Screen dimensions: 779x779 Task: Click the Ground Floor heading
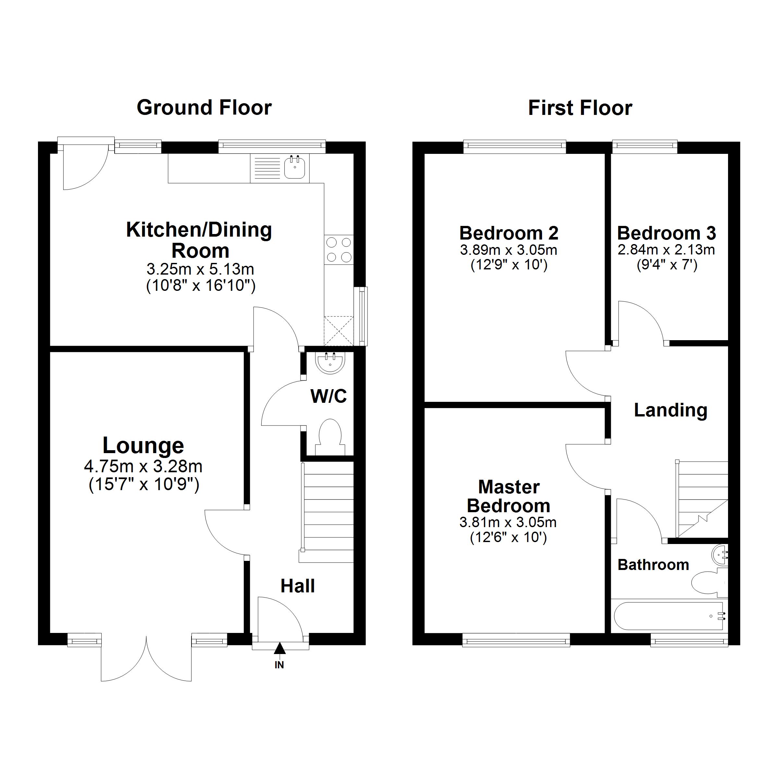[204, 108]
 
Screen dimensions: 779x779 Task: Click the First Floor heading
[580, 108]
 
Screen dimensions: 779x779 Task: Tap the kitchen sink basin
[295, 168]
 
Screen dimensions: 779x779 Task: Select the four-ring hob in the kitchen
[339, 250]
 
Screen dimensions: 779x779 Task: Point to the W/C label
[328, 396]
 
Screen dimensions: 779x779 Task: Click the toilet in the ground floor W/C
[330, 438]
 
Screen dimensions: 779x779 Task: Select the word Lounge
[143, 446]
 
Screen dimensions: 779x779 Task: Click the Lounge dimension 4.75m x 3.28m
[143, 466]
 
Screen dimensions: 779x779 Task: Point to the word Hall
[298, 586]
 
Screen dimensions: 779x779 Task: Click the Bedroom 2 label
[509, 233]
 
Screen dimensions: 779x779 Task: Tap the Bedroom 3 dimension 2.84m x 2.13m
[666, 250]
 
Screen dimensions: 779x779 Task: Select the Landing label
[671, 411]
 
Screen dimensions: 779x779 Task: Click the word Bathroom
[653, 565]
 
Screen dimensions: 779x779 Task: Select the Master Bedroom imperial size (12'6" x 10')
[508, 538]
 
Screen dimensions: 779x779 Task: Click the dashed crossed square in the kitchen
[339, 331]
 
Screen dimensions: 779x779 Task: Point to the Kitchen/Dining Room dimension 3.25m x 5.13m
[200, 268]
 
